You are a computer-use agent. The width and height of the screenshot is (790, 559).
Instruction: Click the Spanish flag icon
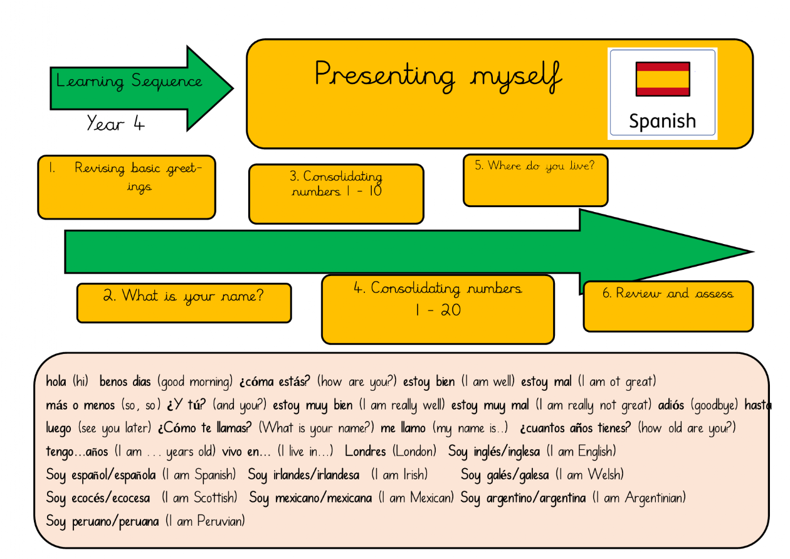click(663, 78)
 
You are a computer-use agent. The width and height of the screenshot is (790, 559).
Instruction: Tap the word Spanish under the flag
click(662, 120)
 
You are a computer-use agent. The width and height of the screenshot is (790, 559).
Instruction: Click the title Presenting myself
click(438, 75)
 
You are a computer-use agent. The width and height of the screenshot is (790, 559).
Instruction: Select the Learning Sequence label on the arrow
click(129, 82)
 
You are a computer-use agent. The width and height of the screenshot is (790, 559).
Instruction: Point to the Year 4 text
click(116, 124)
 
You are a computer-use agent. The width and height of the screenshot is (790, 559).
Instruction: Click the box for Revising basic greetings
click(126, 187)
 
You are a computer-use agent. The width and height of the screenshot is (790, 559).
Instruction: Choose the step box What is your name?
click(184, 302)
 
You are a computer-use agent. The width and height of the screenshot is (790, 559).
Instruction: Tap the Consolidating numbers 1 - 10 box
click(336, 193)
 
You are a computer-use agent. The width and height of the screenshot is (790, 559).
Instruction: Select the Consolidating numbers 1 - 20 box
click(438, 309)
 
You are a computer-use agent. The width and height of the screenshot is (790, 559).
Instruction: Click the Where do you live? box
click(535, 180)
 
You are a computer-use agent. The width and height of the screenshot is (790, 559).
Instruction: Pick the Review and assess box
click(668, 306)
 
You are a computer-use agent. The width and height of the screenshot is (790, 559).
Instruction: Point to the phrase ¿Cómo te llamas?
click(204, 429)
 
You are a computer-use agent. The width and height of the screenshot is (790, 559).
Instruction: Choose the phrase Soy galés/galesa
click(505, 475)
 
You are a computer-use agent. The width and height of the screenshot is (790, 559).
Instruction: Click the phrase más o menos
click(71, 405)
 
